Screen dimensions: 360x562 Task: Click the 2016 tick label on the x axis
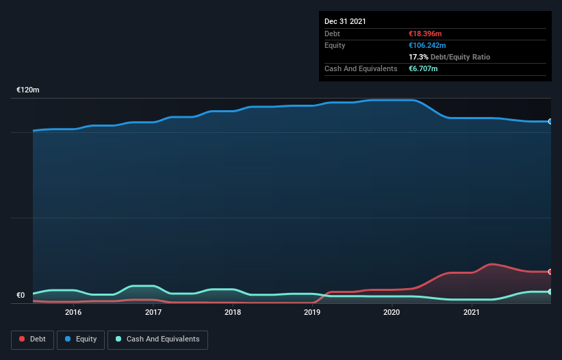(x=73, y=312)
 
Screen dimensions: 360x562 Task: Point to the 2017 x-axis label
(x=153, y=312)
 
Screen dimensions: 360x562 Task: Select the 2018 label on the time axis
(x=233, y=312)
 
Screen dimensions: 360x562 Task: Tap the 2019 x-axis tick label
(x=312, y=312)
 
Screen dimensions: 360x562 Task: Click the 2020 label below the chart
(x=392, y=312)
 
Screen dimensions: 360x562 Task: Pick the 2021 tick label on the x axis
(x=472, y=312)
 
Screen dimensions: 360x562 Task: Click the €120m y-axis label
(x=28, y=90)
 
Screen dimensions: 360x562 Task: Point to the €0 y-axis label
(x=21, y=296)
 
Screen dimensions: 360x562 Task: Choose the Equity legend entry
(x=80, y=339)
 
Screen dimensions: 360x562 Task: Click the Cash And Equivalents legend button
(x=157, y=339)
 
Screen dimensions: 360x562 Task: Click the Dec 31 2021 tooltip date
(x=345, y=21)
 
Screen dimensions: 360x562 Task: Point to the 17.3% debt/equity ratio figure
(x=418, y=57)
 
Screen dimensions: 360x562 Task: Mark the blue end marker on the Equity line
(x=550, y=121)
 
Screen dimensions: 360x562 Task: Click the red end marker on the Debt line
(x=550, y=272)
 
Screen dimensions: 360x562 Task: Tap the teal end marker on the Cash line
(x=550, y=292)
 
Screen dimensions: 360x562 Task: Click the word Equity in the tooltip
(x=335, y=45)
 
